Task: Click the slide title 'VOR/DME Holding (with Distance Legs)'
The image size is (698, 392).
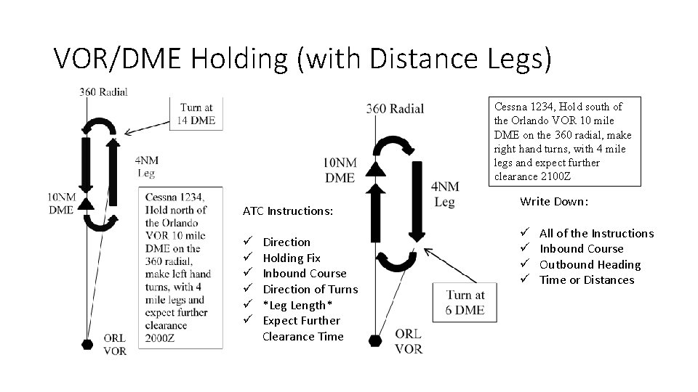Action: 302,58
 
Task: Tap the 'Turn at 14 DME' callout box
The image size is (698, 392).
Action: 196,113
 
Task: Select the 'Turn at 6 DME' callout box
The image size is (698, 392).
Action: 465,303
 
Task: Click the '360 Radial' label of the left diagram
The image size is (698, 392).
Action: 103,91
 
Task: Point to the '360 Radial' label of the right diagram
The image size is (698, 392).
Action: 395,108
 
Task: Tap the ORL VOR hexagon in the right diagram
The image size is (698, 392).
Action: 375,339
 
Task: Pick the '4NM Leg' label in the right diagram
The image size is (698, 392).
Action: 444,194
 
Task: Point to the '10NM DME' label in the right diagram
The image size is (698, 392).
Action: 340,169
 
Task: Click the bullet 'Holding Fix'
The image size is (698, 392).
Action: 291,258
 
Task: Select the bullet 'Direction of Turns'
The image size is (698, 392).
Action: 310,289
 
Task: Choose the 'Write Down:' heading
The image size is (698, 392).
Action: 554,201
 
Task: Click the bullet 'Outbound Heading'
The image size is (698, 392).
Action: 590,264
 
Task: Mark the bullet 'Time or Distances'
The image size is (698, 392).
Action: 586,280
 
